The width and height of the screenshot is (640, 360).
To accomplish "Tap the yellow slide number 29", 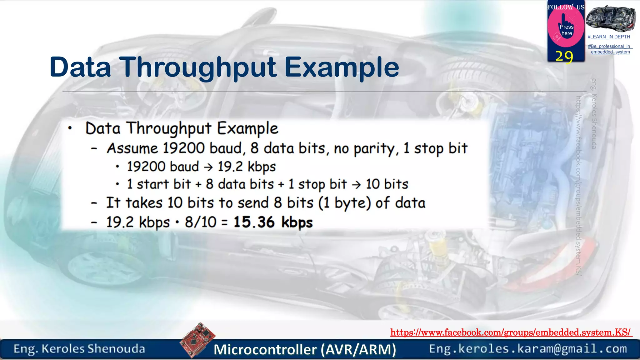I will click(564, 57).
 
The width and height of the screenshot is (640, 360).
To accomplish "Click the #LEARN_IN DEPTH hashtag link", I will click(609, 37).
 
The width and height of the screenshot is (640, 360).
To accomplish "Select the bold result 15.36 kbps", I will click(273, 222).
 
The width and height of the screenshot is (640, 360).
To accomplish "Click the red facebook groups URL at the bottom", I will click(511, 332).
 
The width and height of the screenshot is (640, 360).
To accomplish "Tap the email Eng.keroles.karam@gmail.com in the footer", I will click(528, 349).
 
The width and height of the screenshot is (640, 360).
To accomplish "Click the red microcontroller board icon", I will click(197, 340).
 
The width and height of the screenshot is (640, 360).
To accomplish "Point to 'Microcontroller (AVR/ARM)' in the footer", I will click(305, 349).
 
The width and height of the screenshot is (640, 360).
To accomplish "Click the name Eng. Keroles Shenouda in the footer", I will click(79, 349).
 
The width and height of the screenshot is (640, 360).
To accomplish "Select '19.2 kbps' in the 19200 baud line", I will click(247, 167).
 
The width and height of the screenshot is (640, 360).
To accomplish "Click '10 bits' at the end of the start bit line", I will click(387, 184).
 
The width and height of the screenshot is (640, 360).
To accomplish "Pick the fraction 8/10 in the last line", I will click(201, 222).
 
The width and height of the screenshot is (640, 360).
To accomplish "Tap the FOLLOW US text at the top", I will click(566, 7).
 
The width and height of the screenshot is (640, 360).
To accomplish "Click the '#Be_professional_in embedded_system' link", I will click(610, 49).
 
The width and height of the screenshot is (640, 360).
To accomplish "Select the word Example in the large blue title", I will click(342, 67).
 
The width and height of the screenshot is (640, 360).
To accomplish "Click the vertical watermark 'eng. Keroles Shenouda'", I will click(594, 114).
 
